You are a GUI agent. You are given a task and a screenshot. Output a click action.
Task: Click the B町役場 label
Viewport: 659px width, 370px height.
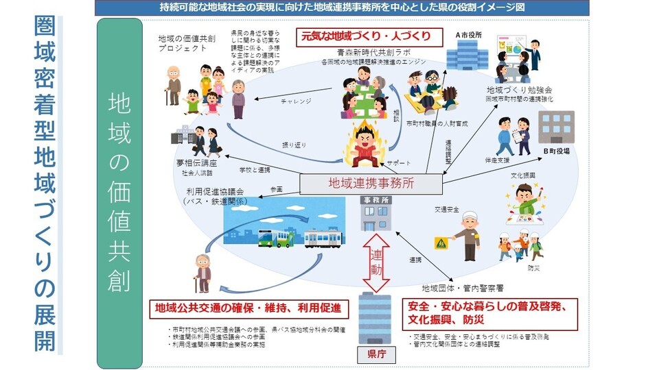tap(557, 151)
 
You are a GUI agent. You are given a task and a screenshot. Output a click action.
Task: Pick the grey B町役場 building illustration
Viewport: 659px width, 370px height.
tap(555, 127)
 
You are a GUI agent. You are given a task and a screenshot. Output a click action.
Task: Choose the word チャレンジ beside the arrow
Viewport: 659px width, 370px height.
tap(296, 102)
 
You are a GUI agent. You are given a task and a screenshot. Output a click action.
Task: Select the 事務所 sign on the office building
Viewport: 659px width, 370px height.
tap(375, 199)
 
